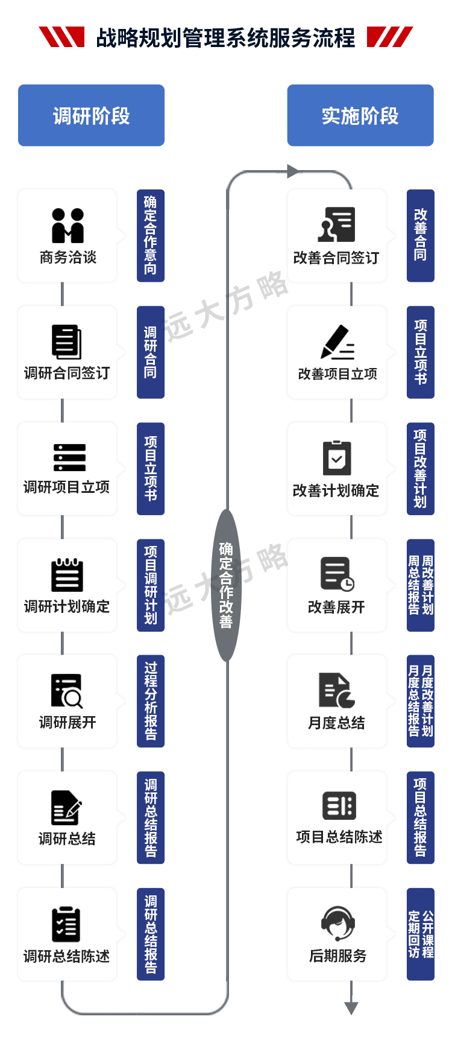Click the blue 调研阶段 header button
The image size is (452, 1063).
[x=91, y=116]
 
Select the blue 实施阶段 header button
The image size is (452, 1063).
[x=360, y=116]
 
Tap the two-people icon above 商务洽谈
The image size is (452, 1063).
[x=67, y=226]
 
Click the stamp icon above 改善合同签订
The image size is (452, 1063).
[x=337, y=224]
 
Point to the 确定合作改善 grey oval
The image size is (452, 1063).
[x=226, y=585]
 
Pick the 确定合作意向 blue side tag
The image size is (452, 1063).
[x=150, y=235]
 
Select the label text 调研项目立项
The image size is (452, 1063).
[x=67, y=487]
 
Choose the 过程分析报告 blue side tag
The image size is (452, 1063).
[x=151, y=701]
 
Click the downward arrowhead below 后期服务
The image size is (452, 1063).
[x=351, y=1007]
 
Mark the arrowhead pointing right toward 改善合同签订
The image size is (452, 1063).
[x=292, y=172]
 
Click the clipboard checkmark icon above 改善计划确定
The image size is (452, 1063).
[x=337, y=458]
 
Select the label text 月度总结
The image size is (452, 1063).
[x=336, y=723]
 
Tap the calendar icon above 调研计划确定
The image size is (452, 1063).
[x=67, y=575]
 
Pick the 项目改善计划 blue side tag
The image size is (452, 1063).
[x=420, y=468]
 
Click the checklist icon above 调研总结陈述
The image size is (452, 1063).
[x=66, y=924]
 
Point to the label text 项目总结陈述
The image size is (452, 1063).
[x=339, y=837]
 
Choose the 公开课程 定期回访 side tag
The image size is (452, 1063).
[x=421, y=934]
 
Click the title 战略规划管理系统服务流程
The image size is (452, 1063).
[x=225, y=39]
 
